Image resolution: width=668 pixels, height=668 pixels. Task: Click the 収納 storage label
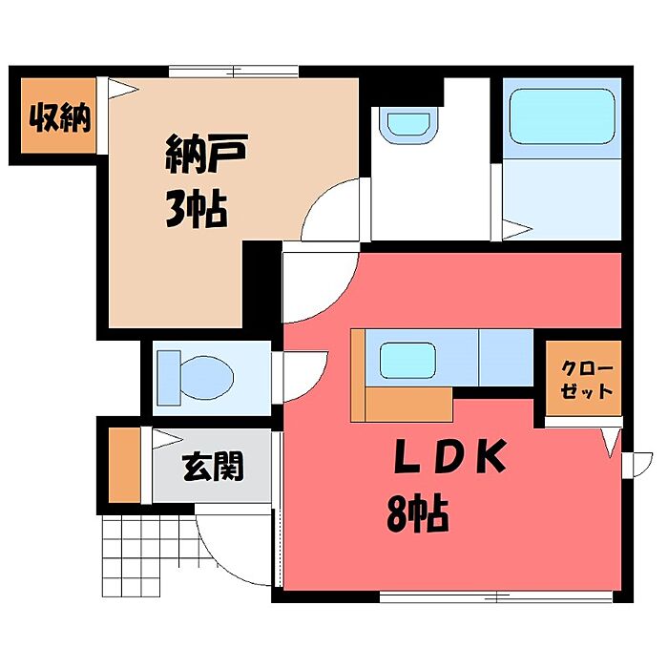(x=60, y=117)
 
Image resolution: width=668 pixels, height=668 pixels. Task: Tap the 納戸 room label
(x=206, y=154)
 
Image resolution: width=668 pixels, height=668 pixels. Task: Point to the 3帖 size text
(x=196, y=210)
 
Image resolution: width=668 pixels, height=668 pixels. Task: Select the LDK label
(x=450, y=457)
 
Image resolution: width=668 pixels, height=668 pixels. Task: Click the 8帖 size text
(x=418, y=512)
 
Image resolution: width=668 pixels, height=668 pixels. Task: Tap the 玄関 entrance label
(x=213, y=466)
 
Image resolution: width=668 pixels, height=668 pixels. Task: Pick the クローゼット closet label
(x=586, y=380)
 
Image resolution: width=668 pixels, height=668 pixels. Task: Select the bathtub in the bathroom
(x=562, y=116)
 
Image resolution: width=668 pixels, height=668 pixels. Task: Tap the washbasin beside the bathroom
(x=409, y=124)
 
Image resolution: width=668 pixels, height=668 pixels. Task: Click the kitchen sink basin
(x=407, y=361)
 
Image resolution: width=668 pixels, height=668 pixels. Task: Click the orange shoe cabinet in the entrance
(x=124, y=465)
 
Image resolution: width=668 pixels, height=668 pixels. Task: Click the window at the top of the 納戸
(x=234, y=72)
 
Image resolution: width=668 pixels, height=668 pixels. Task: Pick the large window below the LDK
(x=496, y=596)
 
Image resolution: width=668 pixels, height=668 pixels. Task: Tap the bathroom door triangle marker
(x=517, y=230)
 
